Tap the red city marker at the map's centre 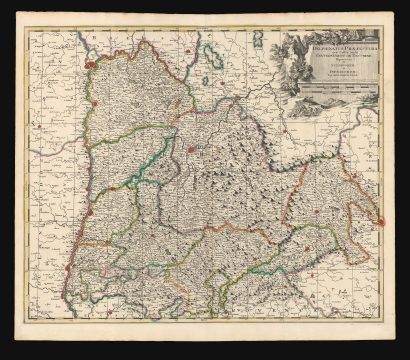[x=190, y=150]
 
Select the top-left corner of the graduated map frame [x=27, y=31]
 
